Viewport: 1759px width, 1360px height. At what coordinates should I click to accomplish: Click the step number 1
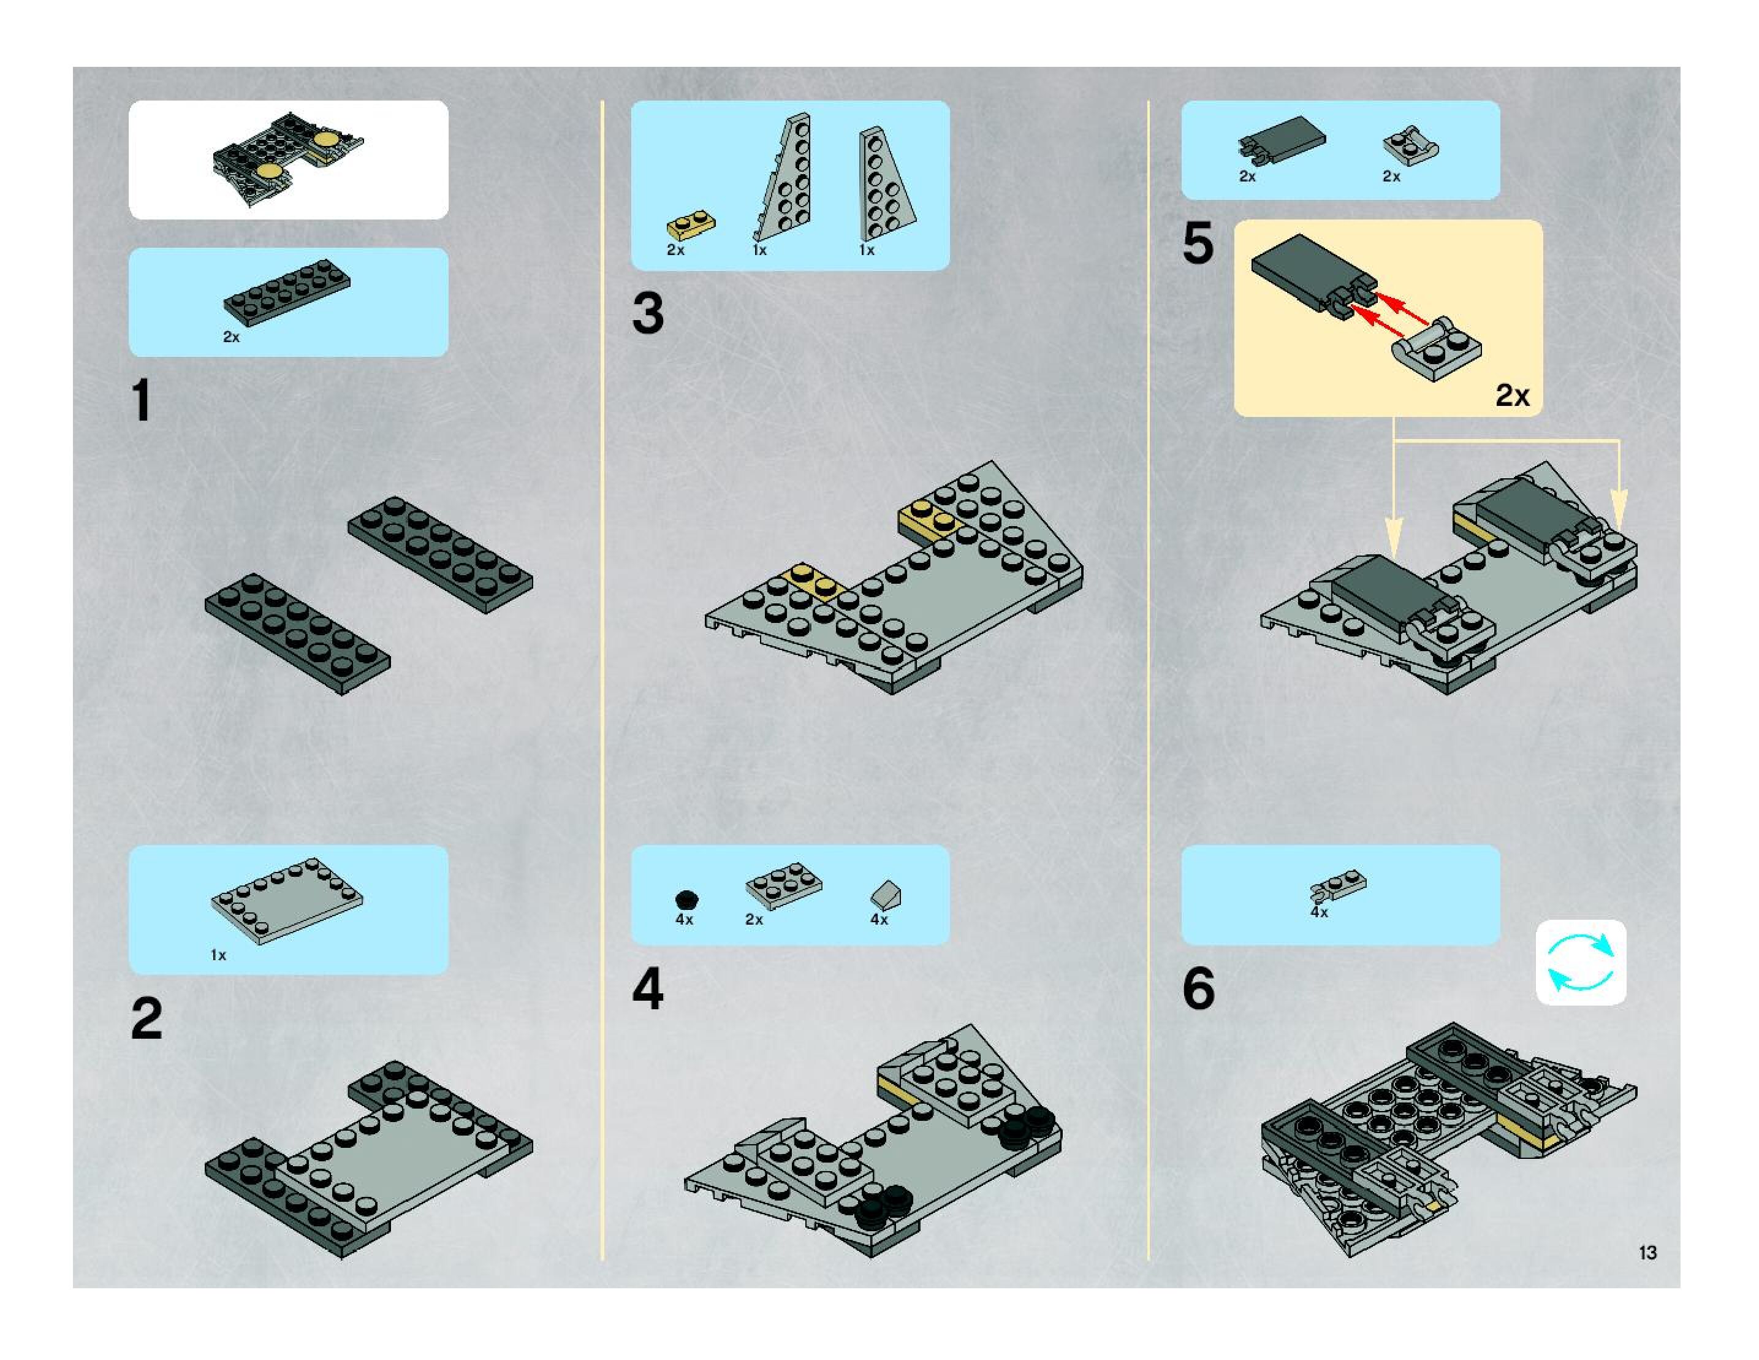(142, 400)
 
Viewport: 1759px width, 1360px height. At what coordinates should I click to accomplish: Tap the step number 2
(146, 1019)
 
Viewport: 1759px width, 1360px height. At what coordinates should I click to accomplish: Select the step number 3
(648, 313)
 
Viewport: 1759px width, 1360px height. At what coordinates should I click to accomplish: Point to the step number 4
(648, 990)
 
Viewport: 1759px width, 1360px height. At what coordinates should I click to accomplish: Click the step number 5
(1198, 243)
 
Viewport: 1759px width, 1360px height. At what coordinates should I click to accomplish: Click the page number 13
(1647, 1253)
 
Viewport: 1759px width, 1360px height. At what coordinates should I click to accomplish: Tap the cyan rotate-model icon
(1580, 962)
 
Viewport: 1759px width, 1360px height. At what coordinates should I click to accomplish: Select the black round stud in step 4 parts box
(686, 899)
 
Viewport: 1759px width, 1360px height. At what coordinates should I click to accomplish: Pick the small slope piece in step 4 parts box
(886, 895)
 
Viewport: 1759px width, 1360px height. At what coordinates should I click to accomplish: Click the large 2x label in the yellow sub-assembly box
(1513, 395)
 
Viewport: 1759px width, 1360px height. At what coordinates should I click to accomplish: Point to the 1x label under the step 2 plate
(218, 955)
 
